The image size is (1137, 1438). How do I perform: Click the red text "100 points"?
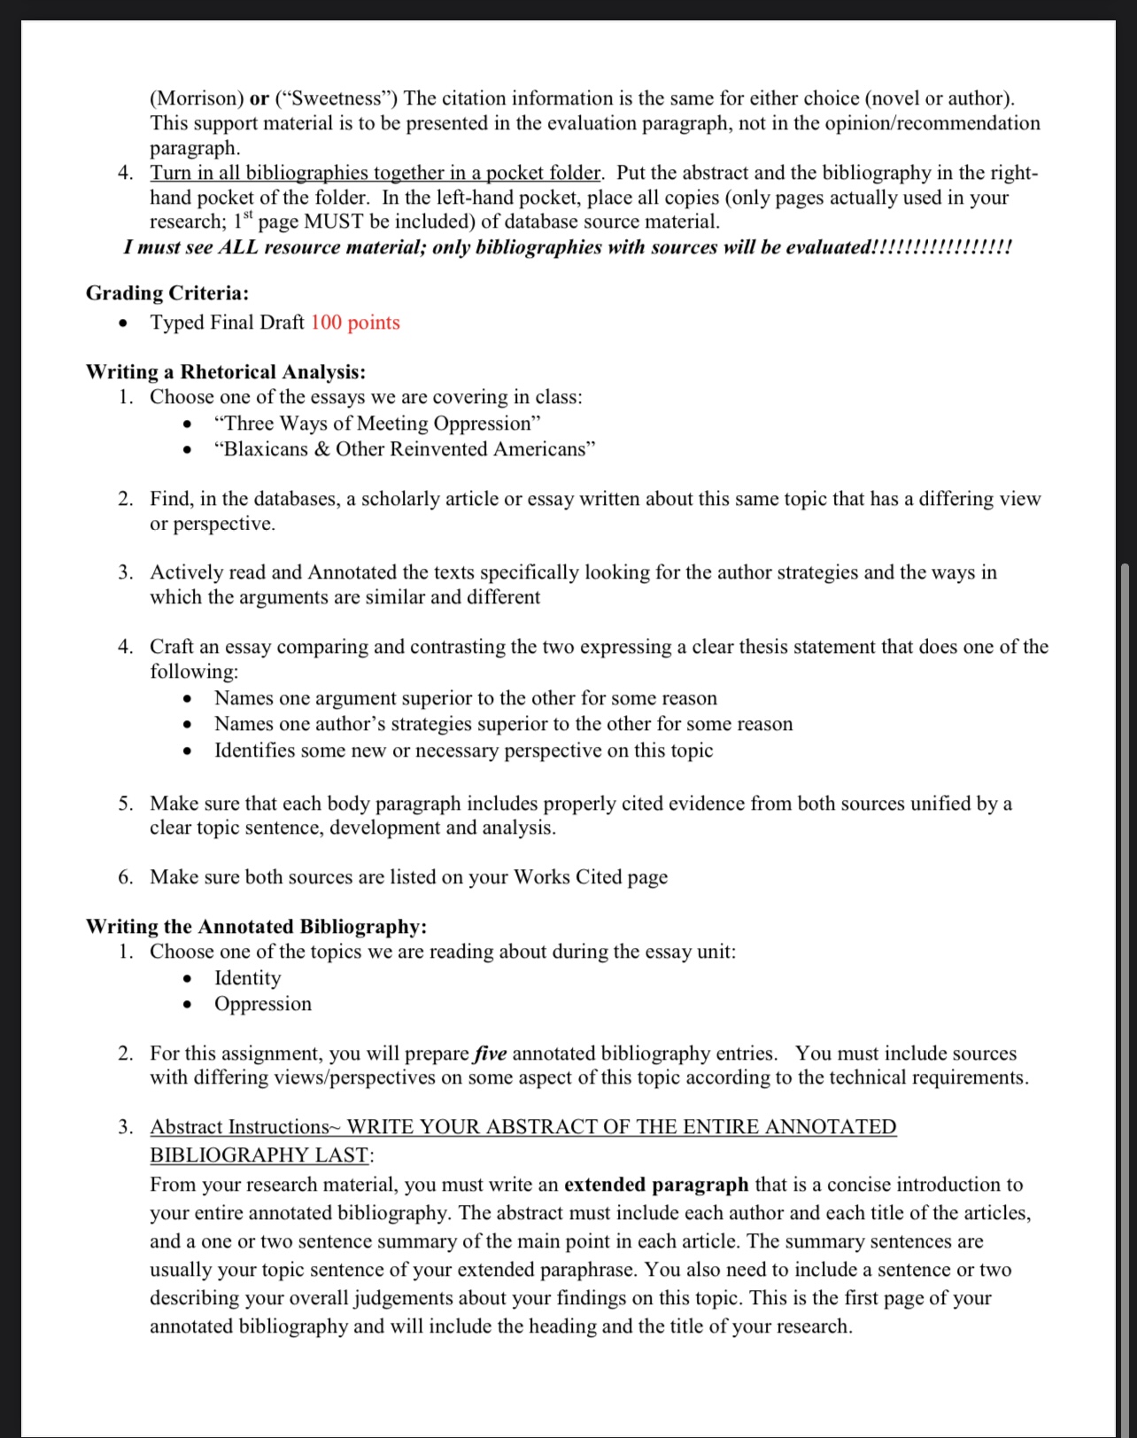pos(355,323)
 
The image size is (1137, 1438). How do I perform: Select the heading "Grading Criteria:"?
pos(167,293)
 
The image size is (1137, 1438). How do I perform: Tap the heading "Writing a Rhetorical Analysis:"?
pos(226,372)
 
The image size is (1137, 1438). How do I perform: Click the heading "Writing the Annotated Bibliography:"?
pos(256,927)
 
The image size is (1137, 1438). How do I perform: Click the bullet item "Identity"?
pos(248,978)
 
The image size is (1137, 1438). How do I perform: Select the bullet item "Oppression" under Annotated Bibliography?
pos(263,1004)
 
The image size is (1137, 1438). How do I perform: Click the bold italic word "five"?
pos(491,1053)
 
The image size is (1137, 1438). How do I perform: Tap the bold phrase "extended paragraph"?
pos(656,1185)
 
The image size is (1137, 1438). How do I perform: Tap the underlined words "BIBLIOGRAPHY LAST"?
pos(259,1155)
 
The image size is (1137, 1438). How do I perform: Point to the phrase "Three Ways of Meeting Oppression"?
pos(377,424)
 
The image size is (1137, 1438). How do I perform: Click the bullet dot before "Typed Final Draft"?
pos(125,323)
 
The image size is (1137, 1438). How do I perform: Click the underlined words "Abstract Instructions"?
pos(239,1127)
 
